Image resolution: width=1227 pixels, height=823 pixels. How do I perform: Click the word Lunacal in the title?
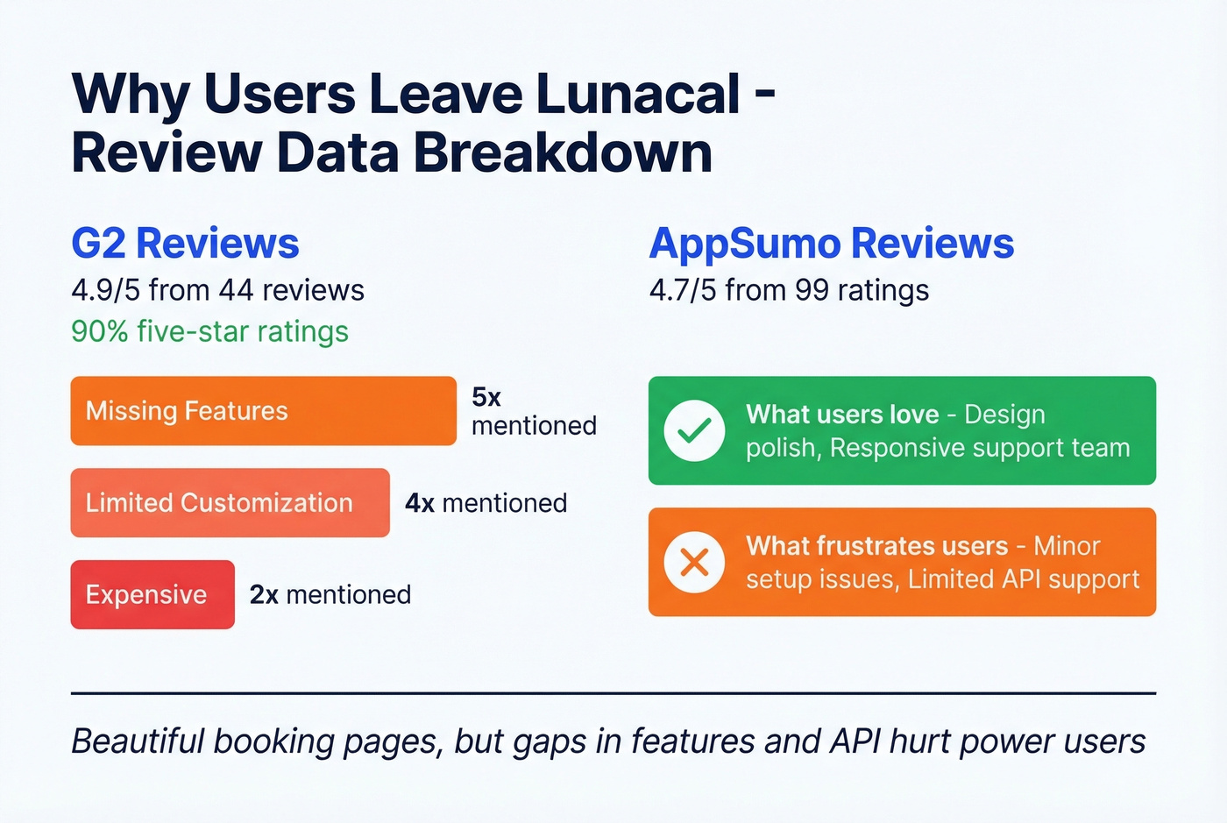[638, 94]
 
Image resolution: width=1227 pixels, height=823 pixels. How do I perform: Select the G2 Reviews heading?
[185, 244]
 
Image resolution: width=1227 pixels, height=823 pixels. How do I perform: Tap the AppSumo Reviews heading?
[831, 244]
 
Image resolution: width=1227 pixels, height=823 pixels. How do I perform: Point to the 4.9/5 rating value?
[105, 290]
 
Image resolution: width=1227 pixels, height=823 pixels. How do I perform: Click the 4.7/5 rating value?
[683, 290]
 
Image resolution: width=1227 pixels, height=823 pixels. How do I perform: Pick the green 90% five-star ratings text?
[209, 332]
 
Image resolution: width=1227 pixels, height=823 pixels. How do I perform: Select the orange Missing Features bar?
[263, 411]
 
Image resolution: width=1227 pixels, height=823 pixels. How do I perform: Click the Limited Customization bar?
[230, 503]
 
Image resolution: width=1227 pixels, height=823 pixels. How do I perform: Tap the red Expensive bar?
[152, 594]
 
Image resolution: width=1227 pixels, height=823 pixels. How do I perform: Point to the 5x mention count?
[486, 397]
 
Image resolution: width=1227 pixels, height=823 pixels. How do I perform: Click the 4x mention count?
[420, 503]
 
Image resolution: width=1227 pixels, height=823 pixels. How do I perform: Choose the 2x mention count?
[264, 594]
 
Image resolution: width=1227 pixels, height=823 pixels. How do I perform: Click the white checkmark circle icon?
[694, 430]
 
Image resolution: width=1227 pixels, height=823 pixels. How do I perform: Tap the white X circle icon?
[694, 562]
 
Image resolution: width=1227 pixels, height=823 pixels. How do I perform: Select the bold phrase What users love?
[842, 415]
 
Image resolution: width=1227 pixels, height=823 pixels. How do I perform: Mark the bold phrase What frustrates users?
[876, 546]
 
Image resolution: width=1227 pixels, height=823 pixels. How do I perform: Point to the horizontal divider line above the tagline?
[613, 693]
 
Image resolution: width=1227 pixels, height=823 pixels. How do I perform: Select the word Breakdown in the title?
[563, 153]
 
